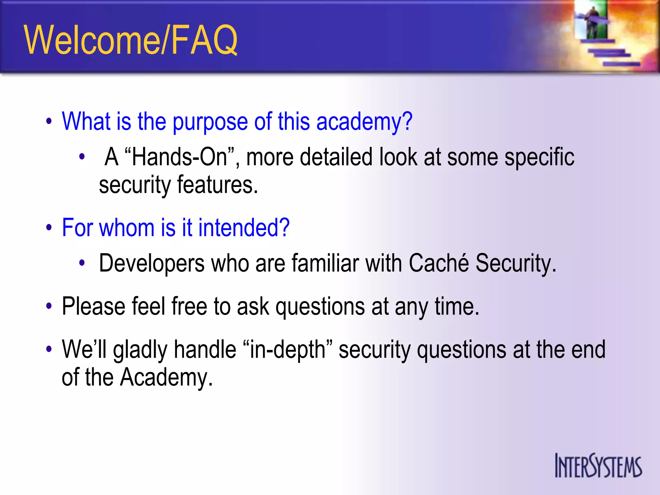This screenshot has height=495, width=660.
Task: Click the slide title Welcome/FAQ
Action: click(131, 40)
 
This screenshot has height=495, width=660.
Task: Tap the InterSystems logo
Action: click(598, 466)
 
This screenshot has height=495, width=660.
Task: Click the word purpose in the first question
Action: click(210, 122)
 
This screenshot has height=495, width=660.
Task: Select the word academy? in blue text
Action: click(364, 122)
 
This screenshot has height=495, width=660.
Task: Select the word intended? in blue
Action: click(244, 228)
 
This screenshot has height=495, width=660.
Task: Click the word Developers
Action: click(151, 264)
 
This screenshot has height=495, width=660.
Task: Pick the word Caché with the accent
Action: click(439, 263)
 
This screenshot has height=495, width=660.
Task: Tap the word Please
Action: click(93, 306)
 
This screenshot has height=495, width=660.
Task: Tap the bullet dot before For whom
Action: click(49, 228)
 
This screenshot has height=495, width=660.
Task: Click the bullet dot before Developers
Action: click(82, 263)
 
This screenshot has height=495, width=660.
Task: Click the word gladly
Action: click(140, 350)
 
